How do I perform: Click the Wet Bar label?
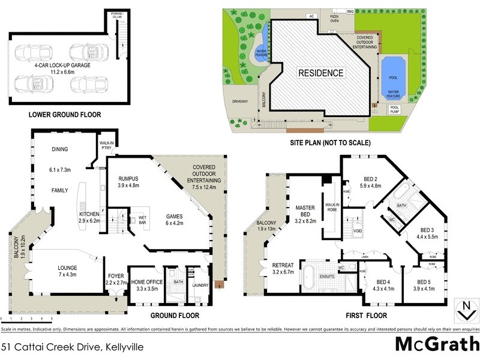click(x=143, y=220)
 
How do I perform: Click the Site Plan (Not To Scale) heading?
click(x=331, y=143)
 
